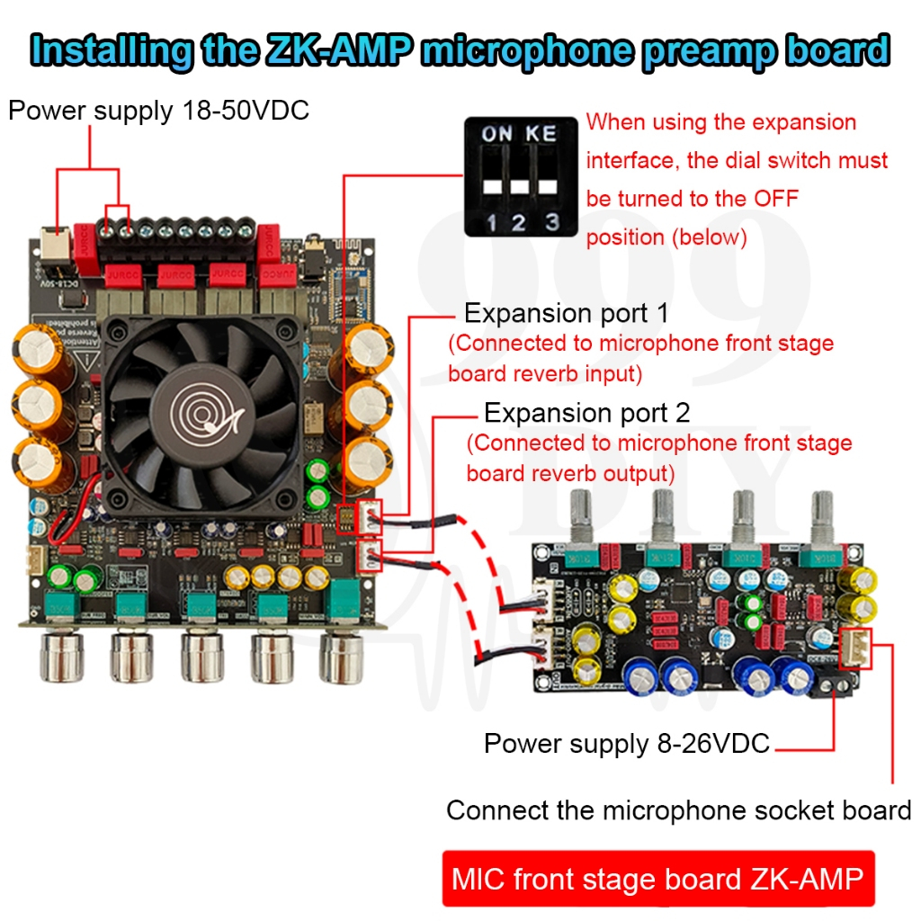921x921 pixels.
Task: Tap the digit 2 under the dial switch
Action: click(x=519, y=221)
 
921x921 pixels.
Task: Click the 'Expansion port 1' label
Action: click(x=567, y=314)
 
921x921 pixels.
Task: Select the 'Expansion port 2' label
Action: click(x=586, y=413)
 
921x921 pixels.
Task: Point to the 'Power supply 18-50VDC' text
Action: click(x=158, y=111)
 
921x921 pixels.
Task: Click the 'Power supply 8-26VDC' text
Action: click(x=626, y=744)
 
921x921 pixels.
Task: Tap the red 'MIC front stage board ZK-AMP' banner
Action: click(x=657, y=878)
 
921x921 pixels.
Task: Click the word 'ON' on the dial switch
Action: click(x=496, y=134)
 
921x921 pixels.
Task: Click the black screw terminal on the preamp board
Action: click(x=832, y=686)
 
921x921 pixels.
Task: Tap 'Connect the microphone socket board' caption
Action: click(x=678, y=810)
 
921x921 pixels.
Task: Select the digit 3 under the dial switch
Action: click(x=551, y=221)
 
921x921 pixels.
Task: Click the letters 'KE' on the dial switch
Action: click(x=541, y=134)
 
